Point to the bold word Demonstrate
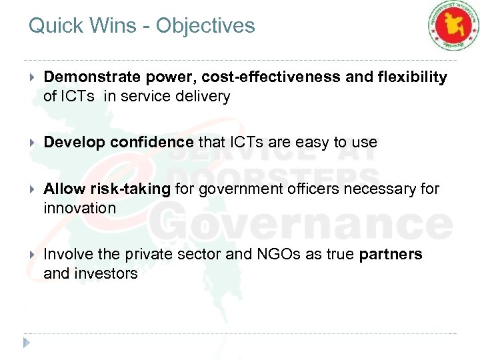[x=87, y=77]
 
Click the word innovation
[x=79, y=208]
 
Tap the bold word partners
[x=391, y=255]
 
